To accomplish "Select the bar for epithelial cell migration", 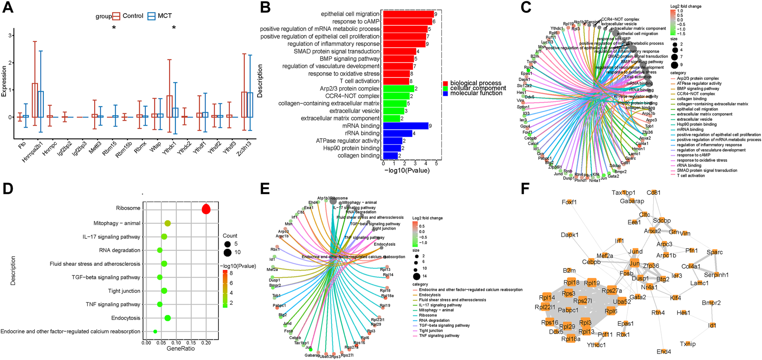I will pyautogui.click(x=408, y=14).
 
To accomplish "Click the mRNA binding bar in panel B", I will pyautogui.click(x=406, y=126).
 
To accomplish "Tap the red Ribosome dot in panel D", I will pyautogui.click(x=206, y=209).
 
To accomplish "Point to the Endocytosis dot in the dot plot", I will pyautogui.click(x=168, y=318).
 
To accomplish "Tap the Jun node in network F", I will pyautogui.click(x=635, y=263).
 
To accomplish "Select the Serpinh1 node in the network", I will pyautogui.click(x=716, y=275).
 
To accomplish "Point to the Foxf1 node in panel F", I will pyautogui.click(x=569, y=202).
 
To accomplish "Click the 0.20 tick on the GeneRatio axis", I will pyautogui.click(x=206, y=343).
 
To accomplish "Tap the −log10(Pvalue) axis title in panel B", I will pyautogui.click(x=407, y=171).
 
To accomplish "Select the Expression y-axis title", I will pyautogui.click(x=4, y=81).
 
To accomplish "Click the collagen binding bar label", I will pyautogui.click(x=358, y=156).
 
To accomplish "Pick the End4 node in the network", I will pyautogui.click(x=664, y=351).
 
